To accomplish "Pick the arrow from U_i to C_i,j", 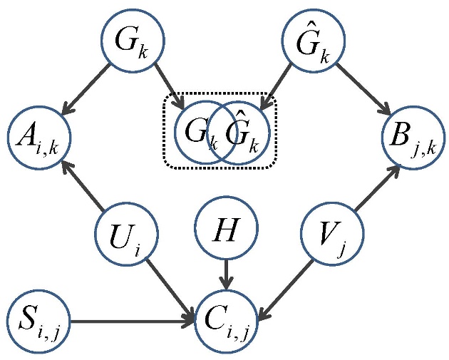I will pos(171,282).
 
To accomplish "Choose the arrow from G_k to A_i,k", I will pos(86,89).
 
